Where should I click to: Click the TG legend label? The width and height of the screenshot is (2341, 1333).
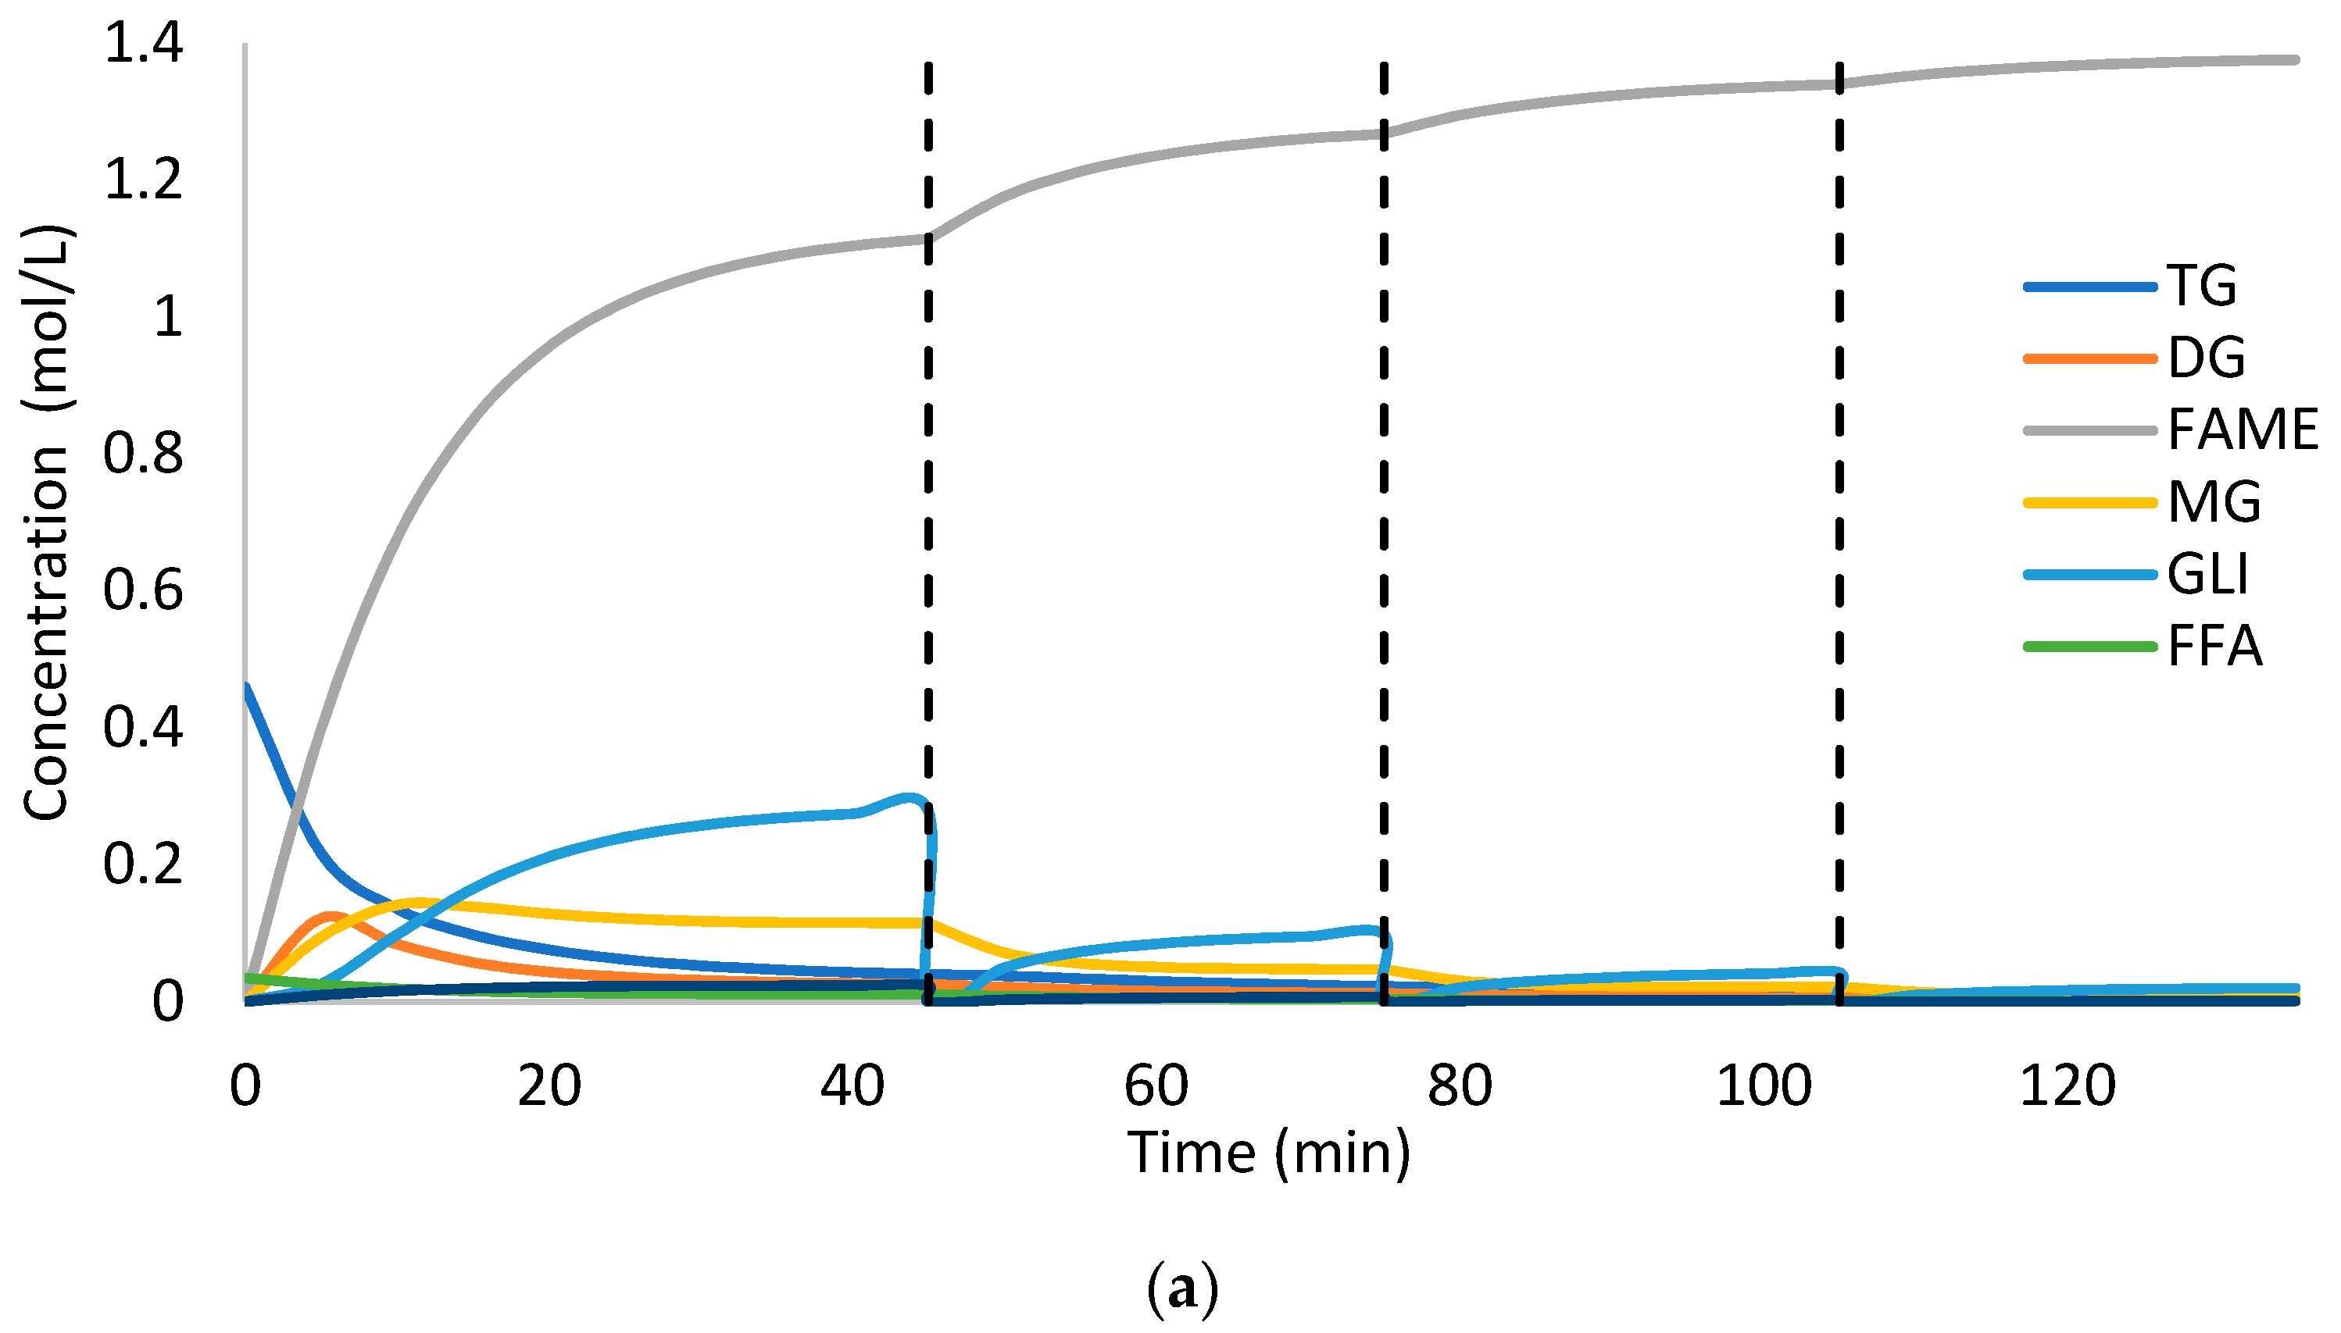click(x=2201, y=286)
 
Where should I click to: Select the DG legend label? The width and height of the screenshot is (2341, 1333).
click(x=2206, y=357)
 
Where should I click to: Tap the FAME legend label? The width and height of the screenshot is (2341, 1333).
click(x=2241, y=429)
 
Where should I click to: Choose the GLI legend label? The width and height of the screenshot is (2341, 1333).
click(x=2207, y=574)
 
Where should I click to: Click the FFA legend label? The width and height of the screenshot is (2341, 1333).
click(x=2214, y=647)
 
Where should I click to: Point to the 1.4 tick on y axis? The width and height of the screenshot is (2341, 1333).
click(x=144, y=43)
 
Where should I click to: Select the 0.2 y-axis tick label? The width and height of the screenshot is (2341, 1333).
click(x=144, y=864)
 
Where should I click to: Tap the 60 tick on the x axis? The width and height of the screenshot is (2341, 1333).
click(x=1156, y=1085)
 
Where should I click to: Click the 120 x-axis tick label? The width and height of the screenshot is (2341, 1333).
click(x=2068, y=1085)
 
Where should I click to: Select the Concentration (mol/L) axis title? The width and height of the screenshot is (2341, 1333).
click(x=46, y=522)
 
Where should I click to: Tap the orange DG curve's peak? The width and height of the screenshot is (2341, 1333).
click(x=331, y=914)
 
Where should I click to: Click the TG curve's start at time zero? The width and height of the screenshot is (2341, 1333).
click(x=246, y=686)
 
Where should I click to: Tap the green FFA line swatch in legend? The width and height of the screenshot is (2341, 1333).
click(x=2090, y=647)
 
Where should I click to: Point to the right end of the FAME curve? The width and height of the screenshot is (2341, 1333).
click(x=2294, y=60)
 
